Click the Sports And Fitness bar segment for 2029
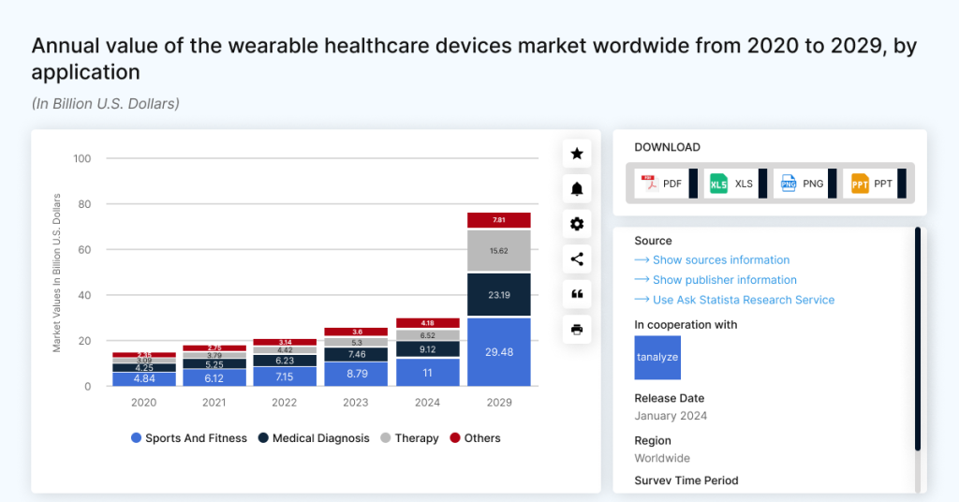498,351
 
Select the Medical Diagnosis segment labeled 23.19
498,295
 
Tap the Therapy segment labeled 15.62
498,251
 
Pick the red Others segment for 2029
498,220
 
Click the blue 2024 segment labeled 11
428,372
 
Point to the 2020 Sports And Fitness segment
143,378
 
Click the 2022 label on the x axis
284,403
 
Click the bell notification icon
577,188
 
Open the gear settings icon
577,224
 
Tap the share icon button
577,259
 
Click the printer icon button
577,329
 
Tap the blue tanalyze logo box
657,358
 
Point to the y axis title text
57,273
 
